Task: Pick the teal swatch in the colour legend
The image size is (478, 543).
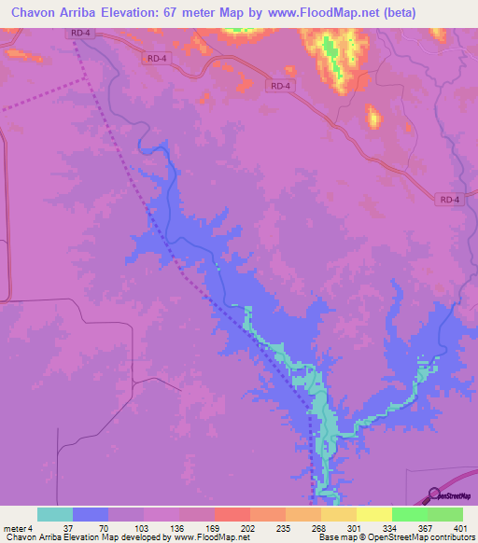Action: coord(55,514)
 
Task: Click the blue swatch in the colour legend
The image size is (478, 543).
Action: coord(91,514)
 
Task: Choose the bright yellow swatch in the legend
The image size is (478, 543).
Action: coord(374,514)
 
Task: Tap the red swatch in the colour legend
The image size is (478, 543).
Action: coord(232,514)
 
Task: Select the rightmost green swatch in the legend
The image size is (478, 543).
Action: coord(445,514)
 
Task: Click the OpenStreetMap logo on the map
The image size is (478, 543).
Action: coord(454,495)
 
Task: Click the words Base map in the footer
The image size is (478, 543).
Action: coord(338,536)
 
